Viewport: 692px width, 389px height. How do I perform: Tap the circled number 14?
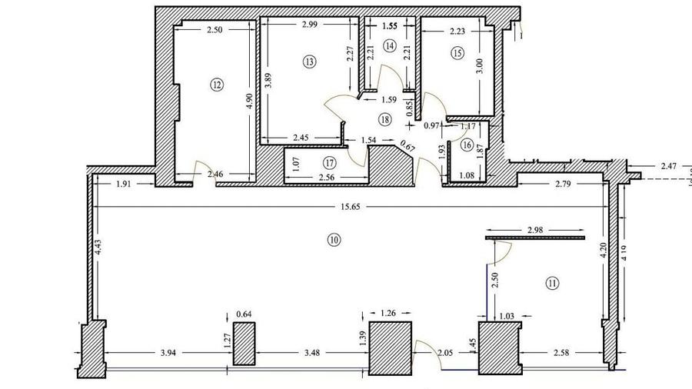pos(390,46)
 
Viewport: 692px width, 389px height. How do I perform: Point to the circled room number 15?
pos(458,53)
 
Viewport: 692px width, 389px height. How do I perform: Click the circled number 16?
pos(467,144)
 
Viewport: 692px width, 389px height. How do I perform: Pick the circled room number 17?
pos(329,162)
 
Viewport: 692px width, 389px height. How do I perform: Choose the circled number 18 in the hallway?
pos(384,119)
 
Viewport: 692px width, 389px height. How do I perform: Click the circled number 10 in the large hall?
pos(334,240)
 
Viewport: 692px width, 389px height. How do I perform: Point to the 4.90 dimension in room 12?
pos(248,104)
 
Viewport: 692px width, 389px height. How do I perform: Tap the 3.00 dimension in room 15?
pos(480,65)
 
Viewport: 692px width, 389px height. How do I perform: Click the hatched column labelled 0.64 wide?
pos(244,344)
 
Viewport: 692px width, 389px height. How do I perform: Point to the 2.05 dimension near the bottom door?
pos(446,352)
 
